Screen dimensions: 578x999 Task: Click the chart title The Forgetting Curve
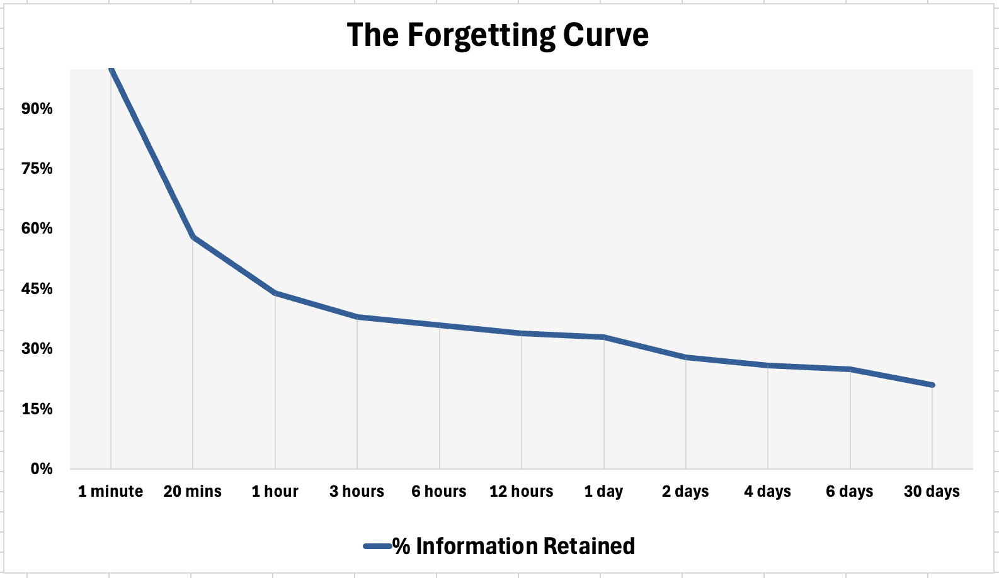(498, 35)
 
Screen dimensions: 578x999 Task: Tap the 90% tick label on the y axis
(37, 109)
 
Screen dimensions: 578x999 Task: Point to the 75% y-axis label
(37, 169)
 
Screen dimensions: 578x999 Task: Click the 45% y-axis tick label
(37, 289)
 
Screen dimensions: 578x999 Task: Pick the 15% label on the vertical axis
(37, 409)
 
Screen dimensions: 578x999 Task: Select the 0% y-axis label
(42, 469)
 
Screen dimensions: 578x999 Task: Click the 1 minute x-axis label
(111, 492)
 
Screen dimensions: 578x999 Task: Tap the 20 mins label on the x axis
(193, 492)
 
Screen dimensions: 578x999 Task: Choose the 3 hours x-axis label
(357, 492)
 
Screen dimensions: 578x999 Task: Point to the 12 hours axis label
(522, 492)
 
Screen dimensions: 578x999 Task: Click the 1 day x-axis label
(603, 492)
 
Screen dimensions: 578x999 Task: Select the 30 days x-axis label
(932, 492)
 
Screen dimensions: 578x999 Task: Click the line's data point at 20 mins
(193, 237)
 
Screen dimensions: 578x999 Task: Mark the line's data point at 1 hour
(275, 293)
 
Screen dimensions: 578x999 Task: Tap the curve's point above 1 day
(603, 337)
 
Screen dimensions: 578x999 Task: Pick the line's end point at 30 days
(932, 385)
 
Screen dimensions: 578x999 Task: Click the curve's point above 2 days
(686, 357)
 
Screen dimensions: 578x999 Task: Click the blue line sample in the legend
(378, 547)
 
